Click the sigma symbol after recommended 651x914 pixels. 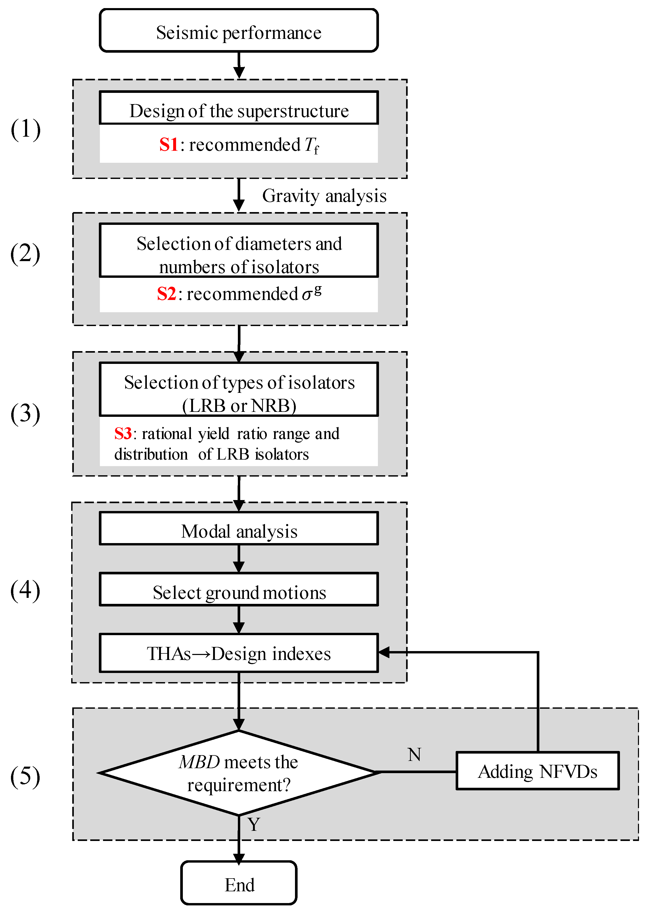307,295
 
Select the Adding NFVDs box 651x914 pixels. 538,771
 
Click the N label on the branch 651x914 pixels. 414,754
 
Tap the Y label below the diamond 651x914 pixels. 254,824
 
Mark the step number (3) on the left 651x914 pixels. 25,414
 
